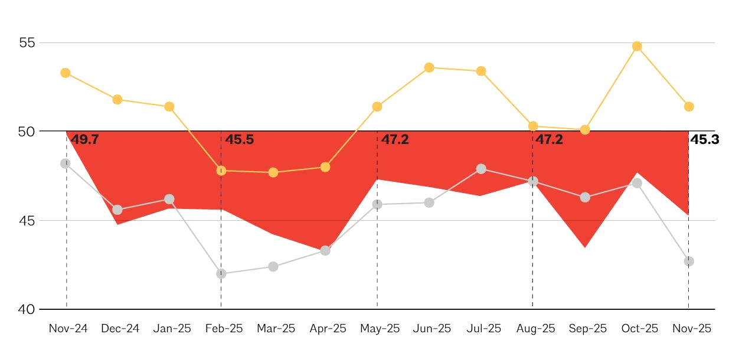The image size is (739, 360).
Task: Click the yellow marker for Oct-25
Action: pyautogui.click(x=637, y=46)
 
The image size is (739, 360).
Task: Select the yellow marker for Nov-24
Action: pyautogui.click(x=66, y=73)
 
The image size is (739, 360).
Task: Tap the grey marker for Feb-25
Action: pyautogui.click(x=221, y=274)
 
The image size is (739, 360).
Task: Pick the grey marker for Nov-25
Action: pyautogui.click(x=689, y=261)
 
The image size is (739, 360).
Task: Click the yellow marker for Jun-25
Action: pyautogui.click(x=429, y=67)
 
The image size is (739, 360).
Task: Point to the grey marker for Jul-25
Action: pyautogui.click(x=481, y=169)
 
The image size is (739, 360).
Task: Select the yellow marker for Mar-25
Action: pyautogui.click(x=273, y=172)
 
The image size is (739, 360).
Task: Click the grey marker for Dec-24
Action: pyautogui.click(x=117, y=210)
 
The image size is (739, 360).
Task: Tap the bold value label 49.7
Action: pyautogui.click(x=84, y=140)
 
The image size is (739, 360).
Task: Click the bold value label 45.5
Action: pyautogui.click(x=240, y=140)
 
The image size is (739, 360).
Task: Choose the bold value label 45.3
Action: pyautogui.click(x=705, y=140)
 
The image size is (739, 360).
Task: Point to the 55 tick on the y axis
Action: pyautogui.click(x=27, y=43)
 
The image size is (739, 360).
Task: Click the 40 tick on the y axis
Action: pyautogui.click(x=27, y=309)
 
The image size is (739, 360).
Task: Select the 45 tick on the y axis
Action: pyautogui.click(x=27, y=221)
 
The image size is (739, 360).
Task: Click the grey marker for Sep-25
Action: pyautogui.click(x=585, y=197)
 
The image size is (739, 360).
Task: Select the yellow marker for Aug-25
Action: pyautogui.click(x=533, y=126)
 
